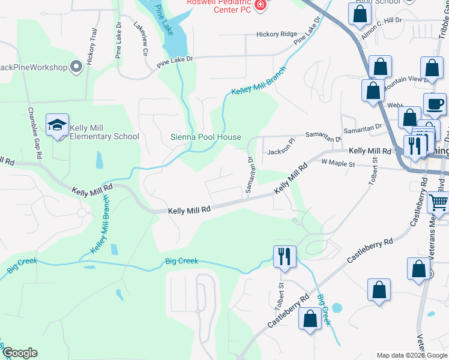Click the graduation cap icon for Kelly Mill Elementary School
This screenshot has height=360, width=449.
coord(58,125)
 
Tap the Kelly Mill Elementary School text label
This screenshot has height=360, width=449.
coord(104,132)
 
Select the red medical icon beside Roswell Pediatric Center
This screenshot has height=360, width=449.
coord(260,5)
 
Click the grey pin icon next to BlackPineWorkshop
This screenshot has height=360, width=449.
coord(76,67)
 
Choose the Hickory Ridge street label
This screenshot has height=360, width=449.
coord(277,34)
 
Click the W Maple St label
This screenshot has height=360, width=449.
coord(339,162)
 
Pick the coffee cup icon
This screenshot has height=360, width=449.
coord(435,104)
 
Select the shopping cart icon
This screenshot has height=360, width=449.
coord(438,203)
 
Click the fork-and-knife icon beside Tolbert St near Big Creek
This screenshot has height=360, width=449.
coord(285,256)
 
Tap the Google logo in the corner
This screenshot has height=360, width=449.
coord(20,353)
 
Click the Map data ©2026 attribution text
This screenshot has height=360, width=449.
coord(411,355)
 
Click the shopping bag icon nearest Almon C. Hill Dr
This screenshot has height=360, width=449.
coord(359,15)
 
